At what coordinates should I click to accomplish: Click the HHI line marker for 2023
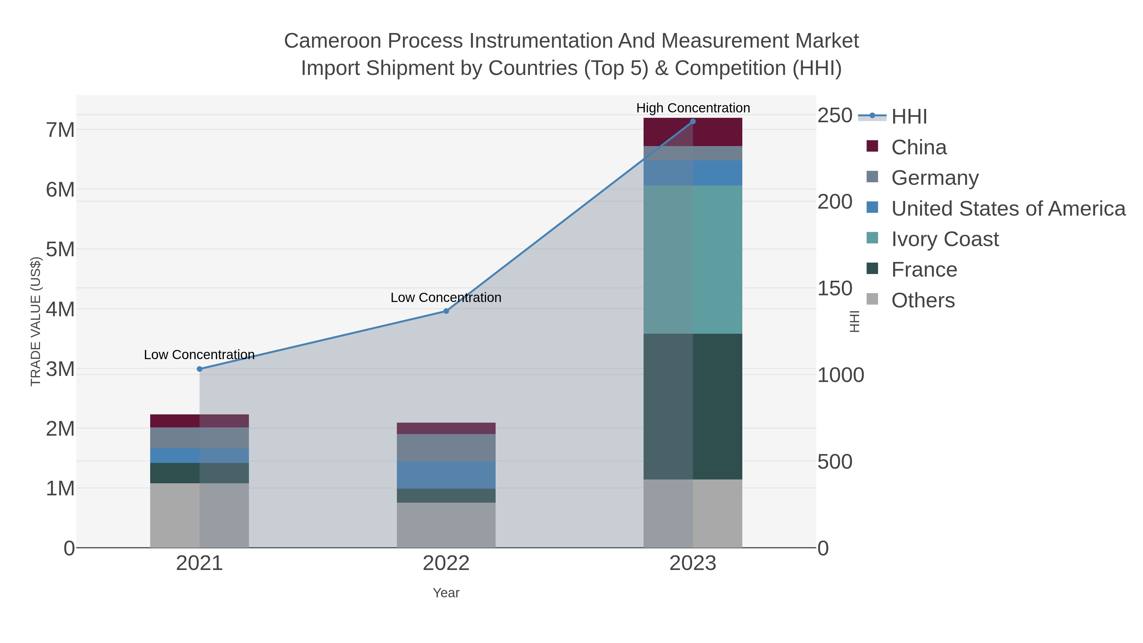coord(693,122)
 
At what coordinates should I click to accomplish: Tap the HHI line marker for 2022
coord(446,311)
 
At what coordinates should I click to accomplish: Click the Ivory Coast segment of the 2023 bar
coord(693,260)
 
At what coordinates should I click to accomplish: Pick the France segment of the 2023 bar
coord(693,406)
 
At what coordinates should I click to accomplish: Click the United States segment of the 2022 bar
coord(446,475)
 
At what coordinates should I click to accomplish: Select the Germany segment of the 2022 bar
coord(446,447)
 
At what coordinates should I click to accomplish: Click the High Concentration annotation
coord(693,108)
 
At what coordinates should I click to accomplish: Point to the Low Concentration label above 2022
coord(446,297)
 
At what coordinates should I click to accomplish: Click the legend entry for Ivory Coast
coord(945,239)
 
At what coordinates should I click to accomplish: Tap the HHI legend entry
coord(909,117)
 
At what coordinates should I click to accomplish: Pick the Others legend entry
coord(922,300)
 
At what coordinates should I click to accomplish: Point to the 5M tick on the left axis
coord(60,249)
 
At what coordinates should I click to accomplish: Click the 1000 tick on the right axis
coord(840,375)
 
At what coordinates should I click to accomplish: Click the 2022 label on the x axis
coord(446,564)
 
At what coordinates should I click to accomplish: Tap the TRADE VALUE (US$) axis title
coord(36,321)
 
